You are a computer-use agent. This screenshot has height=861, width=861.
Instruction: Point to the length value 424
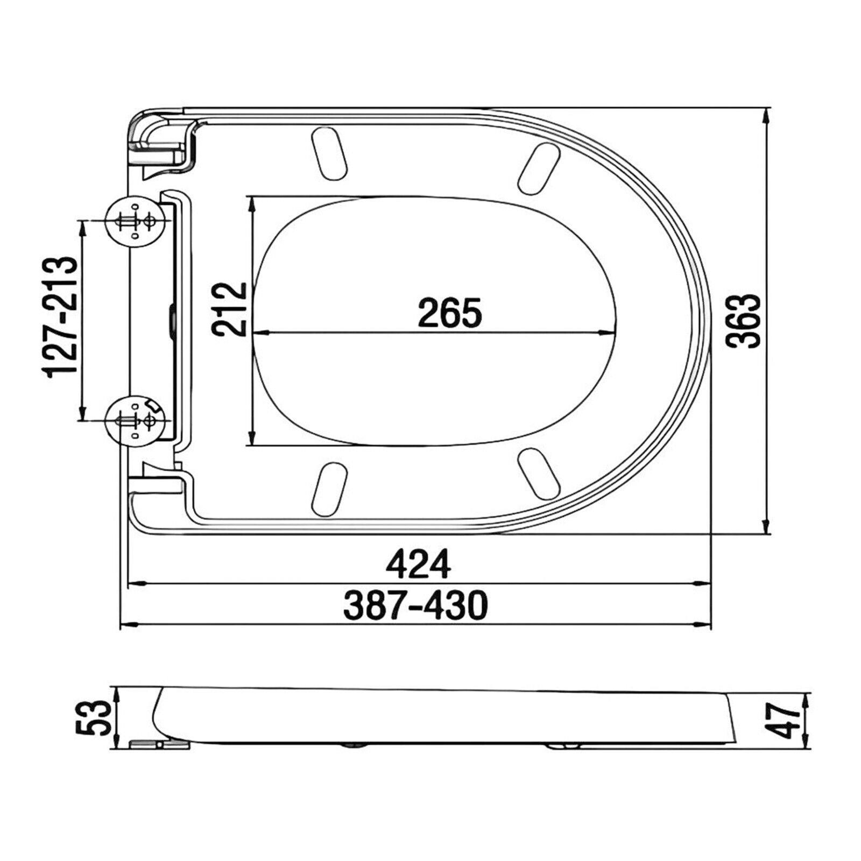(419, 564)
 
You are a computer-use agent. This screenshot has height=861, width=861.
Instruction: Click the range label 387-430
(415, 605)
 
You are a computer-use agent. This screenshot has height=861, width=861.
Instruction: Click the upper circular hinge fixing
(134, 221)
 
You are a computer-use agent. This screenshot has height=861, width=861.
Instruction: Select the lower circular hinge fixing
(134, 420)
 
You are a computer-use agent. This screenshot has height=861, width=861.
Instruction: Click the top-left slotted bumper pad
(329, 153)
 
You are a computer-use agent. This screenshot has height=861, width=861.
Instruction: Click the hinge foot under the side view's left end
(160, 744)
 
